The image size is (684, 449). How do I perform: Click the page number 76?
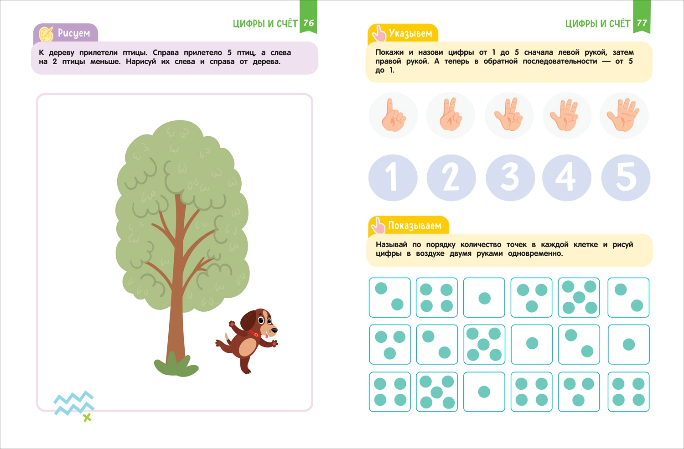pos(308,23)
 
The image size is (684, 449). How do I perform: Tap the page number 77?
pos(642,23)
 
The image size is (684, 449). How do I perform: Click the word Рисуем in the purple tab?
pos(74,33)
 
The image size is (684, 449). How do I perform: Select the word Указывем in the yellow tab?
pos(410,33)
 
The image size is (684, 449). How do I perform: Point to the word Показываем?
pos(415,226)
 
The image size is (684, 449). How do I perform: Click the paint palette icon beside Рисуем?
pos(46,34)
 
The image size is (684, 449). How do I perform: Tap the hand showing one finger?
pos(393,115)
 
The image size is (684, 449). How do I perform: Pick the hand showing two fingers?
pos(451,114)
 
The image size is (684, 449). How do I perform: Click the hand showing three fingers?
pos(508,114)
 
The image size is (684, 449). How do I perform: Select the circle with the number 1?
pos(393,178)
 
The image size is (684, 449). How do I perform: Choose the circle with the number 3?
pos(510,178)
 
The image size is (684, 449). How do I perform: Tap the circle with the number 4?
pos(567,178)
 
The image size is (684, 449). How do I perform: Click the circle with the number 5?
pos(626,178)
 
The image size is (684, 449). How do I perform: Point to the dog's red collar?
pos(254,333)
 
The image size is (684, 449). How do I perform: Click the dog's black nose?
pos(275,330)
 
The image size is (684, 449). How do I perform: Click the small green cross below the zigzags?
pos(87,418)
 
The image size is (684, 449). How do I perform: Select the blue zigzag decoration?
pos(74,403)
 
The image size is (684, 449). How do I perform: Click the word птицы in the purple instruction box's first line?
pos(135,52)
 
